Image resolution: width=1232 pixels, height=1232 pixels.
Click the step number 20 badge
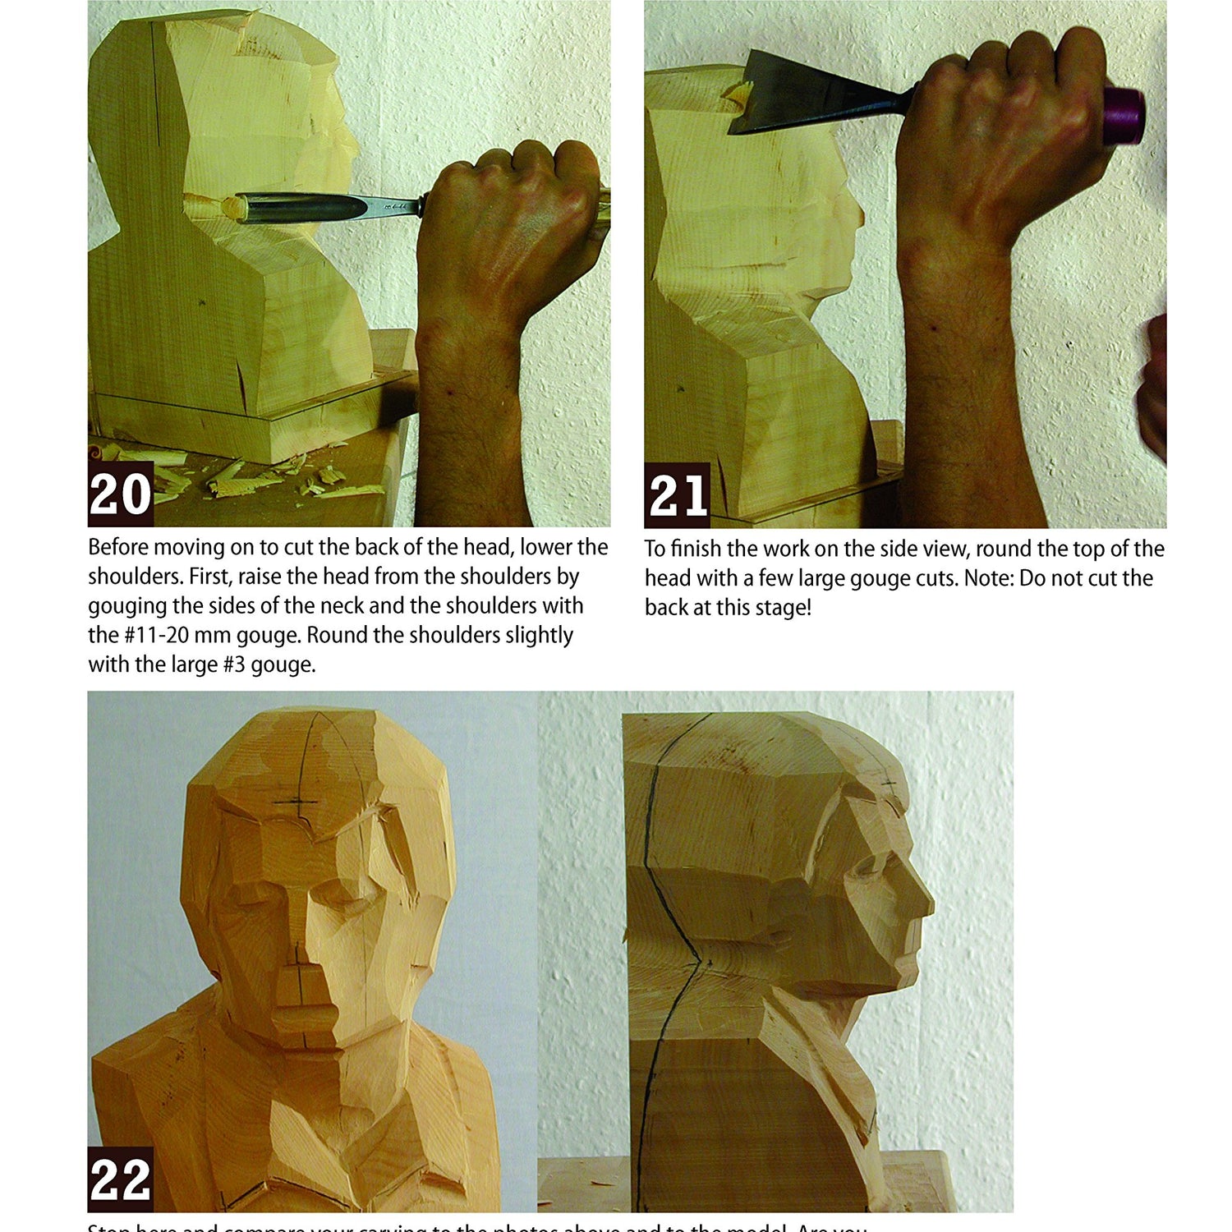tap(121, 494)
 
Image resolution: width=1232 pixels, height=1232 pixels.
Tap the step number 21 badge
tap(678, 495)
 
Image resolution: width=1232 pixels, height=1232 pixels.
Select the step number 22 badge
tap(121, 1179)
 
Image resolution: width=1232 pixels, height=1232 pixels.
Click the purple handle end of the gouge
tap(1124, 115)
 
